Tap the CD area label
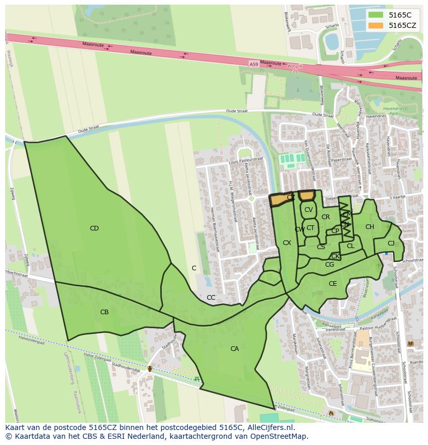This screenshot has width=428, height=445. click(94, 228)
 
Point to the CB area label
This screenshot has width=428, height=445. click(104, 312)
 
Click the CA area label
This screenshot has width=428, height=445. click(235, 349)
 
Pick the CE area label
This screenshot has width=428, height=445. click(333, 284)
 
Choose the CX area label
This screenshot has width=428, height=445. click(287, 243)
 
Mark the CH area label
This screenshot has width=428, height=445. click(370, 227)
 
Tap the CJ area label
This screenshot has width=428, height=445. click(391, 243)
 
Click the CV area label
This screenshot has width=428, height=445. click(309, 210)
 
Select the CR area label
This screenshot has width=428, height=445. click(326, 217)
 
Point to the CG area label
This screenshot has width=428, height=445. click(329, 265)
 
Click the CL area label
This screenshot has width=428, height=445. click(350, 246)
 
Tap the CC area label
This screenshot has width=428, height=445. click(211, 298)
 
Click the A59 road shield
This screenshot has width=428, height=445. click(253, 64)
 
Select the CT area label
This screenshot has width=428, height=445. click(310, 228)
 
